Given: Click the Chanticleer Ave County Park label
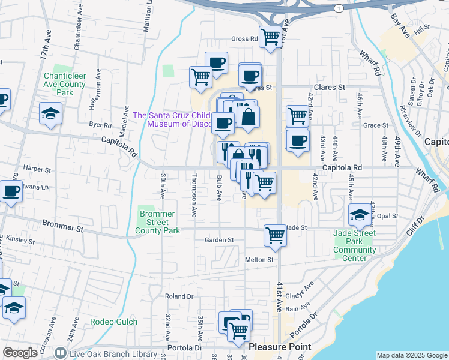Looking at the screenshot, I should pyautogui.click(x=66, y=85).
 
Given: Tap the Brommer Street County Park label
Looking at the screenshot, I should pyautogui.click(x=157, y=222).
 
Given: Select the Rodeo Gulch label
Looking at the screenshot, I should pyautogui.click(x=113, y=322).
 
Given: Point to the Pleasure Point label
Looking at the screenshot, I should pyautogui.click(x=280, y=347).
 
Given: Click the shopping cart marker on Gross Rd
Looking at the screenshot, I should pyautogui.click(x=270, y=37).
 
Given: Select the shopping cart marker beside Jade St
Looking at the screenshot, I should pyautogui.click(x=275, y=235).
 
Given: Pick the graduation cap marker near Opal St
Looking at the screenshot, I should pyautogui.click(x=360, y=214).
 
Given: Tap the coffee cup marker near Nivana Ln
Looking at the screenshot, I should pyautogui.click(x=11, y=191).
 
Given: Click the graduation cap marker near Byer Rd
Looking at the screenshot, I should pyautogui.click(x=50, y=113).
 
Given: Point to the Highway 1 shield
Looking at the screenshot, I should pyautogui.click(x=339, y=8).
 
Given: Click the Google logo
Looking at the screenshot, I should pyautogui.click(x=20, y=353).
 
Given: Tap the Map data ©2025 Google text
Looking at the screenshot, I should pyautogui.click(x=411, y=355).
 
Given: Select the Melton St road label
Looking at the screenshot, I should pyautogui.click(x=259, y=260).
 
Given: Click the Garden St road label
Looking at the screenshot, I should pyautogui.click(x=219, y=240).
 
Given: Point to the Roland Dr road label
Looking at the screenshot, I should pyautogui.click(x=179, y=296).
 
